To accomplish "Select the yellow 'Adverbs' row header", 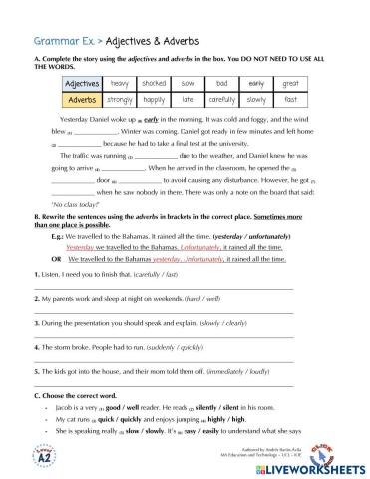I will pyautogui.click(x=76, y=101).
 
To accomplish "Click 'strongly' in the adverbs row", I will pyautogui.click(x=120, y=101).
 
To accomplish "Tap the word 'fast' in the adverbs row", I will pyautogui.click(x=290, y=101).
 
